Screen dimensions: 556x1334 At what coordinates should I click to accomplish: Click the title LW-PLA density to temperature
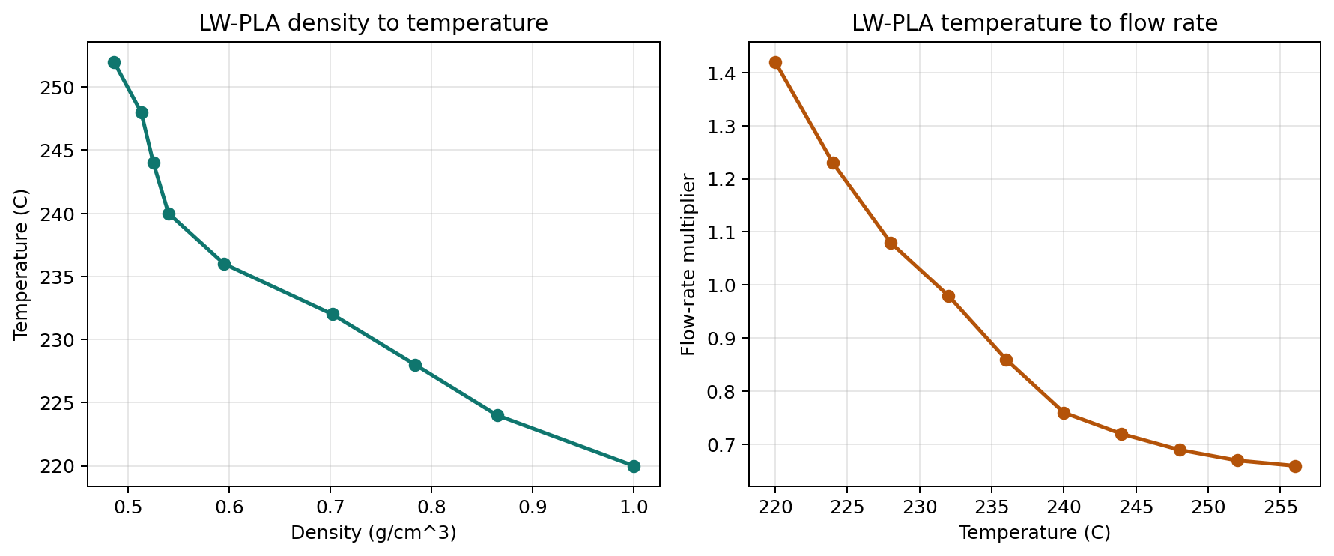click(x=373, y=23)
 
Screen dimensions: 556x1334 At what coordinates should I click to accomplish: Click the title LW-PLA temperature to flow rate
click(x=1034, y=23)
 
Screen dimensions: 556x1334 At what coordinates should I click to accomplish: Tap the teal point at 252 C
click(x=114, y=62)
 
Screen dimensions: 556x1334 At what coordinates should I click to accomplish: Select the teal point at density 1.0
click(x=634, y=466)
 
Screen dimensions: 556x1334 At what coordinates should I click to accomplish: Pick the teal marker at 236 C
click(x=224, y=264)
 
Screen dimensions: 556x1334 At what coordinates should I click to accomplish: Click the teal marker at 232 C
click(x=333, y=314)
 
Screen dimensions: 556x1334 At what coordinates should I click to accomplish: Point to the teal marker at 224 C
click(x=497, y=415)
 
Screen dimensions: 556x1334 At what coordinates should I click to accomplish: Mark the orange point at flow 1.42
click(x=775, y=62)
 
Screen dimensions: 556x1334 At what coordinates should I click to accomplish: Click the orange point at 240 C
click(x=1064, y=413)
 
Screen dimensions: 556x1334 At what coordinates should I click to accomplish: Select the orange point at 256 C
click(x=1295, y=466)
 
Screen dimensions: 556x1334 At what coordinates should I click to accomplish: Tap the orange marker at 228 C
click(x=891, y=243)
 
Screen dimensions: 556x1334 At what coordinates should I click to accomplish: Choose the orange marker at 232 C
click(x=948, y=296)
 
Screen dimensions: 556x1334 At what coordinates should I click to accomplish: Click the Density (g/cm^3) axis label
click(x=373, y=533)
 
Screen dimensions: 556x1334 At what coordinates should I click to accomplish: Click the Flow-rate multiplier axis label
click(x=688, y=265)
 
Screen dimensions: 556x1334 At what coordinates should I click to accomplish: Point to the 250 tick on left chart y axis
click(x=64, y=88)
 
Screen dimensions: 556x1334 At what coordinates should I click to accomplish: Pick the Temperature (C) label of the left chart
click(x=21, y=265)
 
